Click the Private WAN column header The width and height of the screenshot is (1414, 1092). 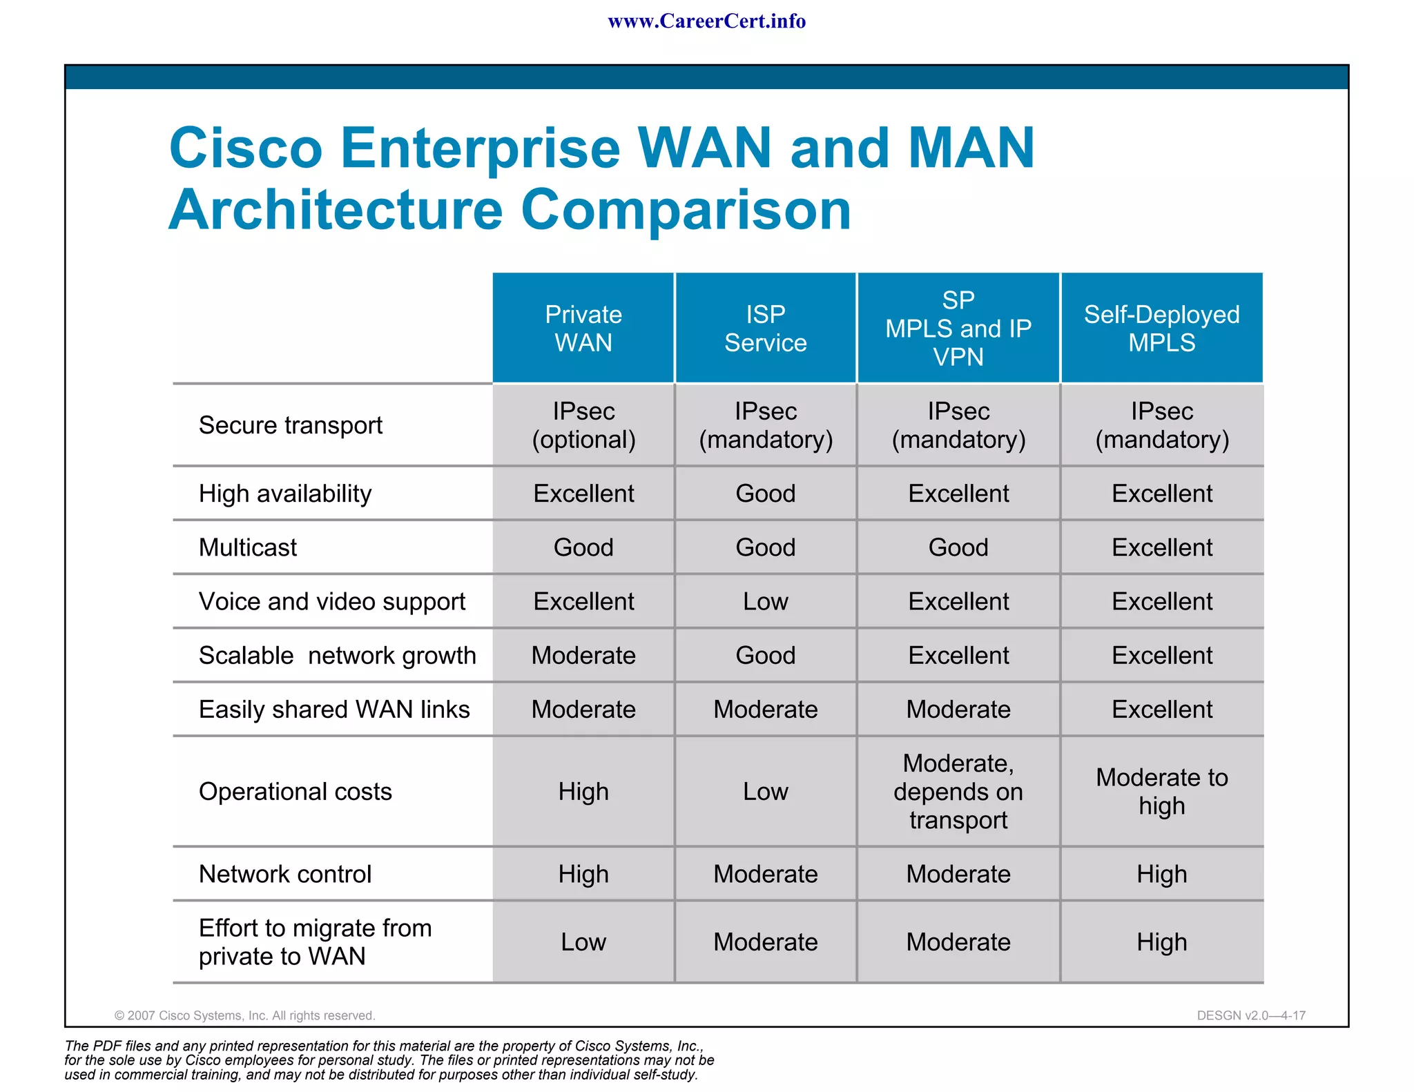[x=583, y=329]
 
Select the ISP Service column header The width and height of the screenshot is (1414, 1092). [x=765, y=329]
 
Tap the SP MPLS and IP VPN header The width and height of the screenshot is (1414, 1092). [x=958, y=329]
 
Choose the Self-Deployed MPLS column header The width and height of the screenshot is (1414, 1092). [x=1161, y=329]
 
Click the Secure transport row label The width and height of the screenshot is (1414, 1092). [x=290, y=425]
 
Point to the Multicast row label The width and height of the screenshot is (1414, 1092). [x=248, y=547]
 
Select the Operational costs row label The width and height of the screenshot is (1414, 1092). [x=295, y=792]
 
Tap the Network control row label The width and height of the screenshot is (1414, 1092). [x=285, y=875]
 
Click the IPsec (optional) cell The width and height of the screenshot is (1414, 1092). [x=583, y=425]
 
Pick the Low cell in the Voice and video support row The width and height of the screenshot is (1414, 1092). [x=765, y=601]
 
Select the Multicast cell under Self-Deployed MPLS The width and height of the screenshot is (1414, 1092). [x=1161, y=547]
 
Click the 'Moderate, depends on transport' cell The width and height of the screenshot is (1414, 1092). [x=958, y=792]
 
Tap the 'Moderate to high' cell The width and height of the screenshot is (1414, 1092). [x=1161, y=792]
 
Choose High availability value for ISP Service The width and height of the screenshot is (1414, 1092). [x=765, y=494]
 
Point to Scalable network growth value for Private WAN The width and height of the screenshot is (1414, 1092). [x=583, y=655]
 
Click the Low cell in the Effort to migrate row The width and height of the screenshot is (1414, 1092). [x=583, y=942]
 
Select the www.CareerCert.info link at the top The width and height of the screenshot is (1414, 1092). [x=706, y=21]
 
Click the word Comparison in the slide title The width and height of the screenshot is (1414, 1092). [x=686, y=210]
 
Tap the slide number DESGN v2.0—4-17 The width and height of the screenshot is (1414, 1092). [x=1251, y=1015]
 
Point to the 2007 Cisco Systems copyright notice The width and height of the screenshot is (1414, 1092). [x=245, y=1015]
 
